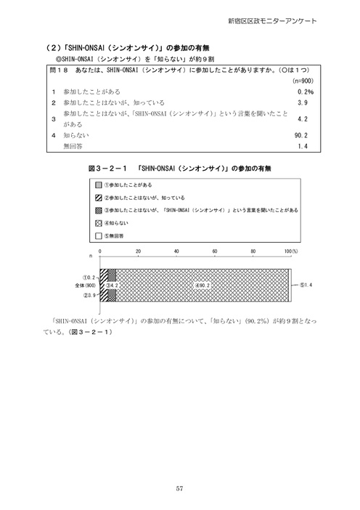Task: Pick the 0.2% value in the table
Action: pos(305,93)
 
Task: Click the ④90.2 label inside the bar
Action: pos(201,285)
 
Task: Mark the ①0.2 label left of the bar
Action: pos(90,277)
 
